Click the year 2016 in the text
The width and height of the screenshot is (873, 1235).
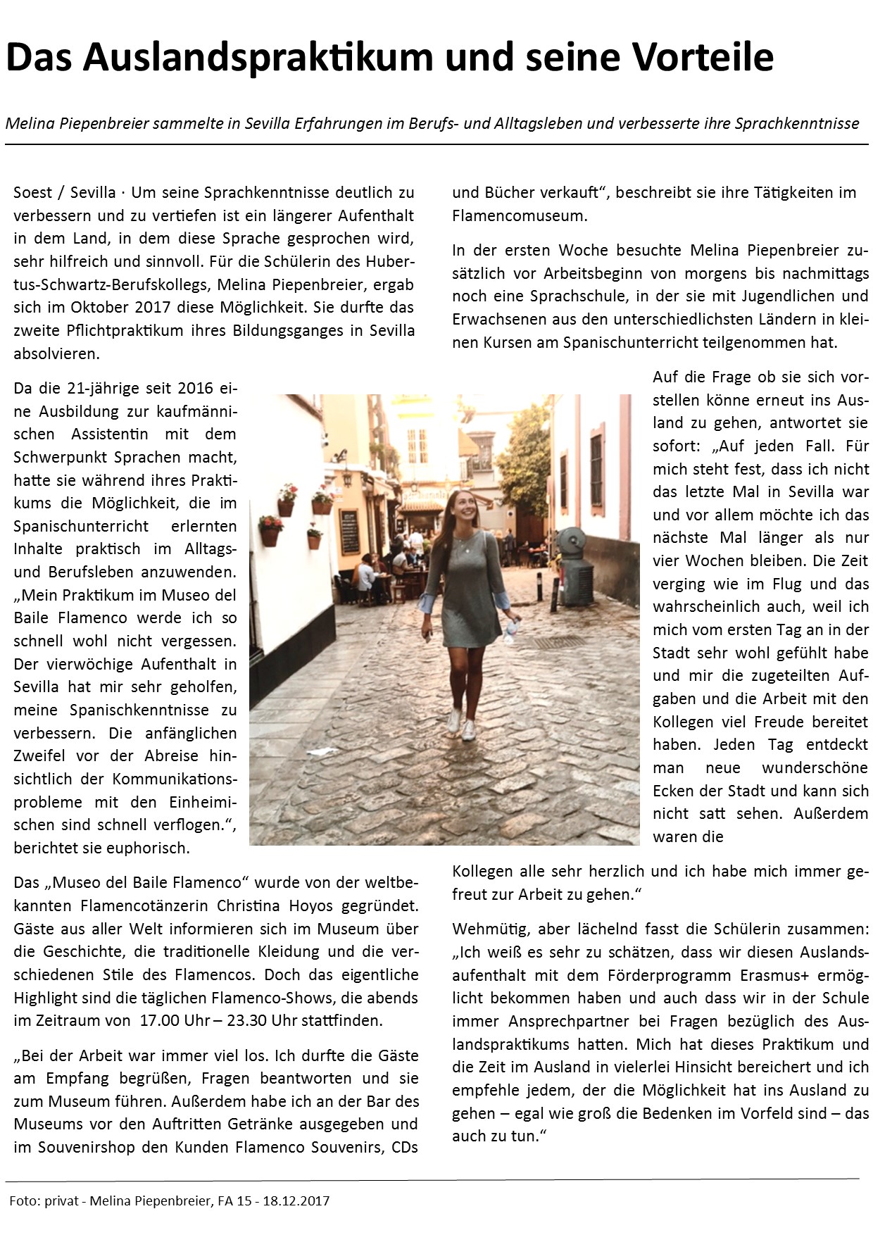pyautogui.click(x=194, y=388)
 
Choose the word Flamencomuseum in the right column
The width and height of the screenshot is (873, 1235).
pyautogui.click(x=520, y=215)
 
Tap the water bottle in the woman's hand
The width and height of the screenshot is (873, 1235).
pyautogui.click(x=513, y=626)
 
